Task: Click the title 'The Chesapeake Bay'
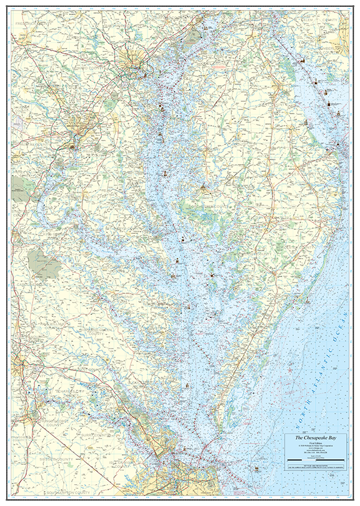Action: pyautogui.click(x=316, y=439)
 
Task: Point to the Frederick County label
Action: pyautogui.click(x=34, y=24)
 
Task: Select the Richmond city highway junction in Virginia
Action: pyautogui.click(x=21, y=363)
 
